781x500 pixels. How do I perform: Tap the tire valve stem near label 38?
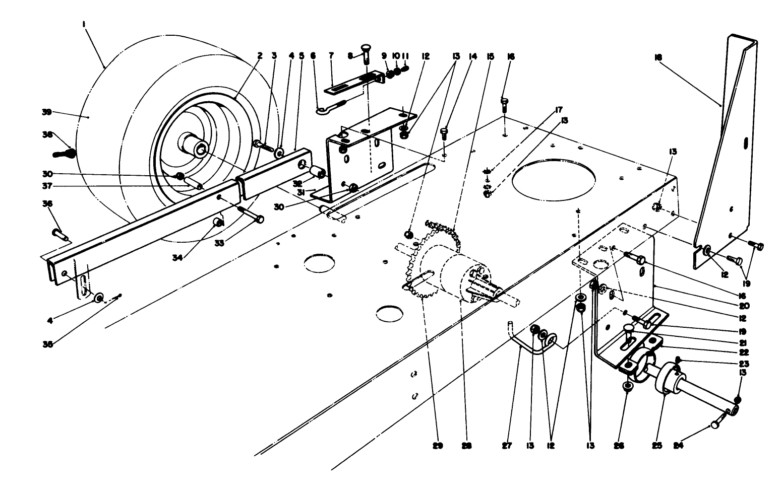click(64, 152)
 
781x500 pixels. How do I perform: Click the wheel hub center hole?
click(202, 148)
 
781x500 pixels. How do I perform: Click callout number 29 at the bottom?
click(438, 445)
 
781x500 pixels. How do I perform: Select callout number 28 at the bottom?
click(466, 445)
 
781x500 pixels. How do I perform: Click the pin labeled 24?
click(715, 425)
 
